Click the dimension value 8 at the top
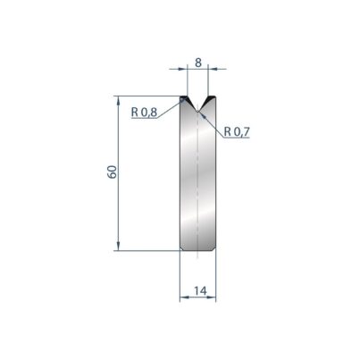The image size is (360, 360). (198, 63)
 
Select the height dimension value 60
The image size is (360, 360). (112, 172)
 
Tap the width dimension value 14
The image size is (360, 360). (200, 290)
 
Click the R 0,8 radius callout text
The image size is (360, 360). (144, 113)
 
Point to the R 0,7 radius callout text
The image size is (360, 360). (237, 131)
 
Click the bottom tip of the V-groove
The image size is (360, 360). (197, 112)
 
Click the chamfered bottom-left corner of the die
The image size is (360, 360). (181, 248)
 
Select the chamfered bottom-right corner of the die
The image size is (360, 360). (214, 248)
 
